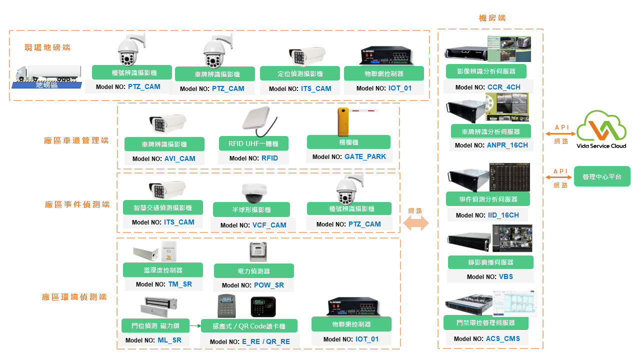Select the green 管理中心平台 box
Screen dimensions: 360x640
pyautogui.click(x=602, y=176)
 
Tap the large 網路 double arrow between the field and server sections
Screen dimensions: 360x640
pyautogui.click(x=416, y=223)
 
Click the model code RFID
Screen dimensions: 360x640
pyautogui.click(x=269, y=158)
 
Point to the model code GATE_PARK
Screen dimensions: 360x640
pyautogui.click(x=365, y=156)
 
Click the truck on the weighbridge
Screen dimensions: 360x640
pyautogui.click(x=48, y=74)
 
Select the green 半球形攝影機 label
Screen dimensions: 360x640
pyautogui.click(x=251, y=209)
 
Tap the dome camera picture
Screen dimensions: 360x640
pyautogui.click(x=254, y=192)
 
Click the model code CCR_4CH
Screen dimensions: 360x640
pyautogui.click(x=504, y=87)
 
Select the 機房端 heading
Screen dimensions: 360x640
pyautogui.click(x=492, y=18)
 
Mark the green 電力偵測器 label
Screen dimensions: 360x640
pyautogui.click(x=253, y=271)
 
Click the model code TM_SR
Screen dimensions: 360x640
pyautogui.click(x=179, y=284)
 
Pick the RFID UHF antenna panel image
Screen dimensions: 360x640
pyautogui.click(x=258, y=122)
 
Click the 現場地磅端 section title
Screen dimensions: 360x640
pyautogui.click(x=47, y=47)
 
